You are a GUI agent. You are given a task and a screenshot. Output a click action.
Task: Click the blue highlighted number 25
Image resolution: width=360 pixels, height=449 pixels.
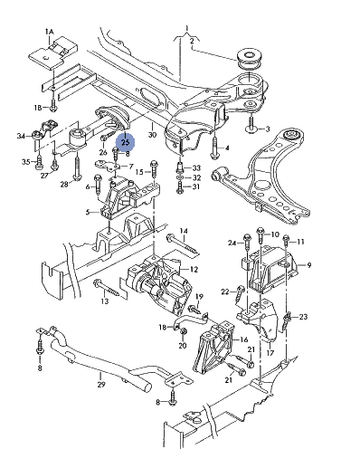pyautogui.click(x=125, y=142)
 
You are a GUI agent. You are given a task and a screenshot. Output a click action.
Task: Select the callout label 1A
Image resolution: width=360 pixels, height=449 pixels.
pyautogui.click(x=50, y=32)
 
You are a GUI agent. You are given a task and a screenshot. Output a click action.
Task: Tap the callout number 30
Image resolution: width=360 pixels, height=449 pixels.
pyautogui.click(x=153, y=134)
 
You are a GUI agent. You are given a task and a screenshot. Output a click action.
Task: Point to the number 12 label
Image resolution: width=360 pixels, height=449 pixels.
pyautogui.click(x=194, y=269)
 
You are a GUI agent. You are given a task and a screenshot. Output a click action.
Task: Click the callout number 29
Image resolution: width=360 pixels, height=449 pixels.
pyautogui.click(x=101, y=384)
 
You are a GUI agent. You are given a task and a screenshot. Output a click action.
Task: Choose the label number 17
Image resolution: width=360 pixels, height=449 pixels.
pyautogui.click(x=270, y=352)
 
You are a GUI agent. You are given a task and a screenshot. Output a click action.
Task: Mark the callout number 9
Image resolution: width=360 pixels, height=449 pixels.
pyautogui.click(x=309, y=265)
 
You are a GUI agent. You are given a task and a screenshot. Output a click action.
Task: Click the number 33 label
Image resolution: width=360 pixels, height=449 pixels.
pyautogui.click(x=196, y=167)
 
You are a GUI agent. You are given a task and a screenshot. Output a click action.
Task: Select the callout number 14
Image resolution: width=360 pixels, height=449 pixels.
pyautogui.click(x=184, y=231)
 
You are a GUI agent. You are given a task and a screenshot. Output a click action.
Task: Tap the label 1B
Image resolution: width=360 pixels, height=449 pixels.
pyautogui.click(x=38, y=108)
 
